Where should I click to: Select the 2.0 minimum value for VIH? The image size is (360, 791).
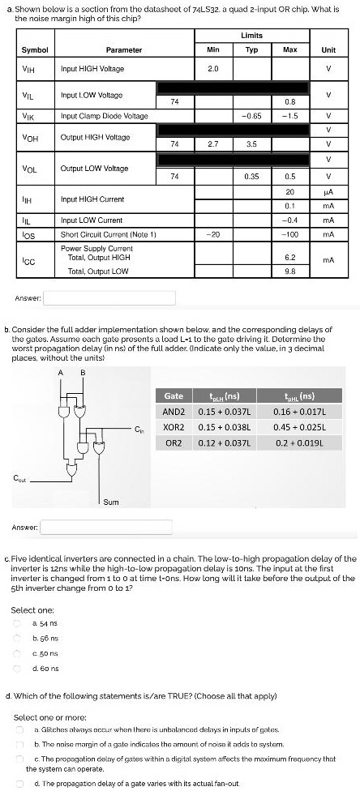[213, 69]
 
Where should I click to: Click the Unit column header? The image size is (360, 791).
[328, 50]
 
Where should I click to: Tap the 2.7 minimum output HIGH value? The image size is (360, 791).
[213, 143]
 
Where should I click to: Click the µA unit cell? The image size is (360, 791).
[328, 191]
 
